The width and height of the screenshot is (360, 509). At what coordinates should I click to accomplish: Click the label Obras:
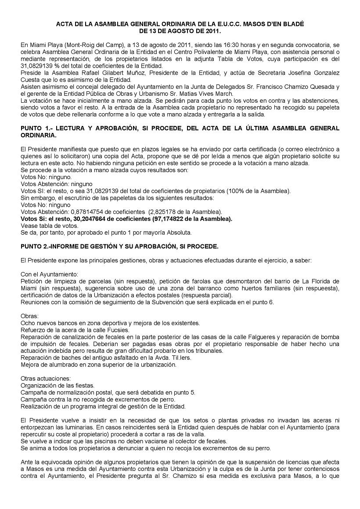click(29, 316)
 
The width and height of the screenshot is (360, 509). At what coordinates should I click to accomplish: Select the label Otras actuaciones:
click(45, 379)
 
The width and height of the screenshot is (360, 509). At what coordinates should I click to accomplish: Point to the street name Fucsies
click(117, 330)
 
